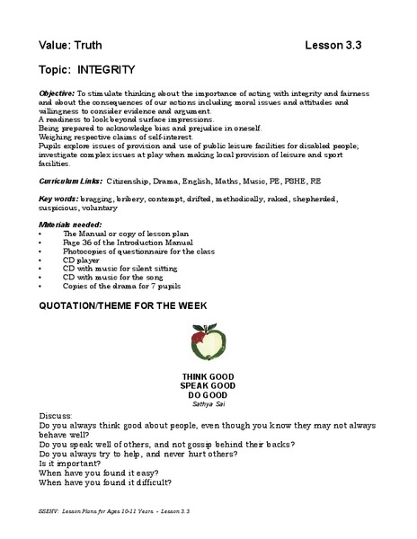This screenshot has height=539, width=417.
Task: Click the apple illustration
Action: pos(208,344)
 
